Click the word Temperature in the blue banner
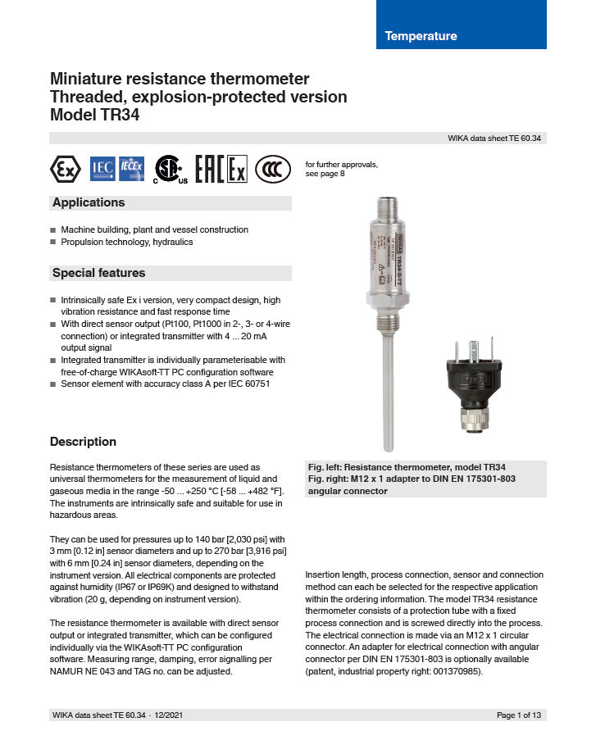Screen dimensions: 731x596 [x=421, y=36]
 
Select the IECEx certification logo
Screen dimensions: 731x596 [x=131, y=168]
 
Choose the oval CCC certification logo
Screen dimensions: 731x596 [x=273, y=169]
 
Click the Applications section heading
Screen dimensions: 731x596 [x=89, y=203]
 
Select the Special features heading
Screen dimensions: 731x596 [x=98, y=273]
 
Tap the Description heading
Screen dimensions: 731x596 [x=83, y=442]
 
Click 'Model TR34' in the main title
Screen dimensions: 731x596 [x=94, y=116]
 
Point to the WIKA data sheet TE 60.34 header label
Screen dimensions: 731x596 [x=494, y=138]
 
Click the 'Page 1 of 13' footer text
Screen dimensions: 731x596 [x=519, y=715]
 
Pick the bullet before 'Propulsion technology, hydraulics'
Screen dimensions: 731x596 [x=53, y=243]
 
